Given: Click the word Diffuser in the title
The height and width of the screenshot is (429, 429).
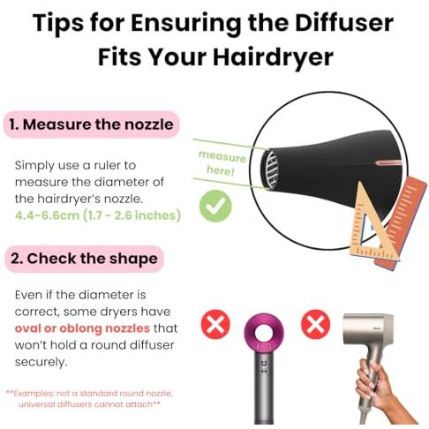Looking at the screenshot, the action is pyautogui.click(x=344, y=23).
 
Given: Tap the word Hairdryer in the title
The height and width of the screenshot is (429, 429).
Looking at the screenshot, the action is pyautogui.click(x=273, y=56).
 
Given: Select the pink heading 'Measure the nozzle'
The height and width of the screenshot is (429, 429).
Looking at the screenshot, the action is pyautogui.click(x=91, y=124).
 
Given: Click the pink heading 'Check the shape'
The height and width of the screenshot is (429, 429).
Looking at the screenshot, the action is pyautogui.click(x=84, y=259).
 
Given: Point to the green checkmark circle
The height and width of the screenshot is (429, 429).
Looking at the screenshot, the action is pyautogui.click(x=215, y=206).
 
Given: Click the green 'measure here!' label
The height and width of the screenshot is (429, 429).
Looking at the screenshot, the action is pyautogui.click(x=222, y=163).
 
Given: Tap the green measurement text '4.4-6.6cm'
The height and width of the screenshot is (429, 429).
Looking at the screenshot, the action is pyautogui.click(x=47, y=215).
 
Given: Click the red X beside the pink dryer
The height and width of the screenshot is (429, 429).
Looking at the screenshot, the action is pyautogui.click(x=215, y=324).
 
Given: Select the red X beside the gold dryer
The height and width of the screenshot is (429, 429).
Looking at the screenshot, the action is pyautogui.click(x=315, y=324).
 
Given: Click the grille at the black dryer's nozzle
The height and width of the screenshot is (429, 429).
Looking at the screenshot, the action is pyautogui.click(x=271, y=169).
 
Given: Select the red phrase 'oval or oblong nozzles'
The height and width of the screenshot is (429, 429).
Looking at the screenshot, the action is pyautogui.click(x=82, y=328).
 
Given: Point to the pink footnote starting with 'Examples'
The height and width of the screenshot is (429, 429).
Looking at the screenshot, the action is pyautogui.click(x=89, y=399).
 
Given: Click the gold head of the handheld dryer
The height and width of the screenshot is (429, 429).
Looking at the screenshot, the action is pyautogui.click(x=368, y=333).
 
